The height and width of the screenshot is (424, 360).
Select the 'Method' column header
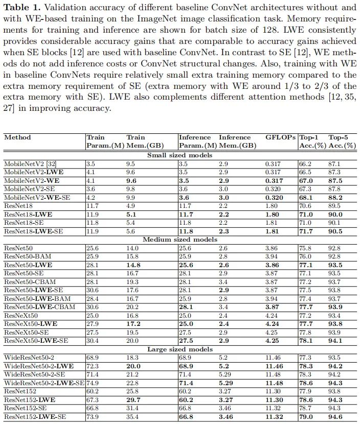pyautogui.click(x=17, y=137)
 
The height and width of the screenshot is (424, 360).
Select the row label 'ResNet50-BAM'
pyautogui.click(x=28, y=256)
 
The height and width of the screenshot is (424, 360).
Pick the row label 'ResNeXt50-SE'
pyautogui.click(x=29, y=332)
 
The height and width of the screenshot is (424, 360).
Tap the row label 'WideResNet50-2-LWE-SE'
pyautogui.click(x=44, y=382)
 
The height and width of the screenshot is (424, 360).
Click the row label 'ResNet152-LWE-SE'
pyautogui.click(x=34, y=417)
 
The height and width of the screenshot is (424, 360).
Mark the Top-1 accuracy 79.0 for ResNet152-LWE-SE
pyautogui.click(x=305, y=417)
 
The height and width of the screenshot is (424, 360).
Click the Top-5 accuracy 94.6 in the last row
pyautogui.click(x=335, y=417)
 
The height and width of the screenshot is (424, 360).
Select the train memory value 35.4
pyautogui.click(x=132, y=417)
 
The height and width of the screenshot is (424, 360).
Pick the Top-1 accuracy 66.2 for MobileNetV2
pyautogui.click(x=305, y=163)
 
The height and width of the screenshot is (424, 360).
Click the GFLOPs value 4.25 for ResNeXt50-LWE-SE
pyautogui.click(x=272, y=340)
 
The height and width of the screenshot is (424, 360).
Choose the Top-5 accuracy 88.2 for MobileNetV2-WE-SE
pyautogui.click(x=335, y=197)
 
